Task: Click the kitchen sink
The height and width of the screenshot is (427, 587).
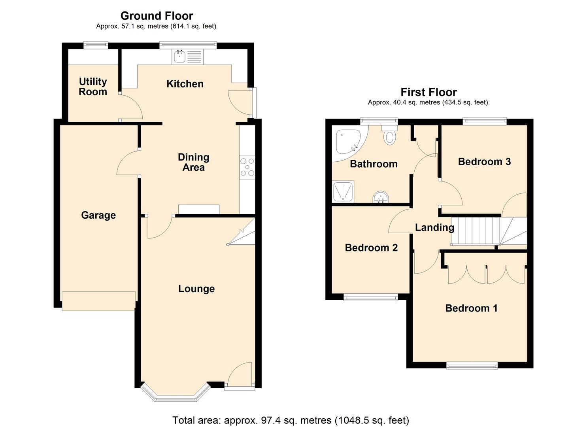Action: (187, 57)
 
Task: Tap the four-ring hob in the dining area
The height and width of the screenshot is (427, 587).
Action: (247, 167)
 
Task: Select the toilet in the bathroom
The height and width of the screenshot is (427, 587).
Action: (390, 135)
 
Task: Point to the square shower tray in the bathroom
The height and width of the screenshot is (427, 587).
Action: (343, 192)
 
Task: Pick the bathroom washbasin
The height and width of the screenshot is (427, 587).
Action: (381, 197)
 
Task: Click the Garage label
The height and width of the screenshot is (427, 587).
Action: (98, 215)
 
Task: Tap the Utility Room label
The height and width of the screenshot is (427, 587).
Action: (93, 87)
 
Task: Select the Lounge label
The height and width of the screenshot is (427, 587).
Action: (196, 289)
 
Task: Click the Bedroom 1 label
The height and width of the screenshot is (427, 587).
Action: (471, 308)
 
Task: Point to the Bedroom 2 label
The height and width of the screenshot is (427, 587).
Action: (371, 248)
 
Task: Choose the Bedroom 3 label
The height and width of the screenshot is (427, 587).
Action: (484, 161)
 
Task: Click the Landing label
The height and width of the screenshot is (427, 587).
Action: (434, 227)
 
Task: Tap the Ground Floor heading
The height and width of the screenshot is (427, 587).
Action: (157, 16)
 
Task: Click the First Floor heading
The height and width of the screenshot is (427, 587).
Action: (428, 92)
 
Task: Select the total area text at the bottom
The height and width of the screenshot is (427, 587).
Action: (291, 420)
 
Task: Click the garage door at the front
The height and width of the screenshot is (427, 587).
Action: (99, 301)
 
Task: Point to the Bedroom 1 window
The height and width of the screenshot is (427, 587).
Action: (472, 366)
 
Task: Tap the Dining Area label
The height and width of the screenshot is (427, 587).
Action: (193, 162)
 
